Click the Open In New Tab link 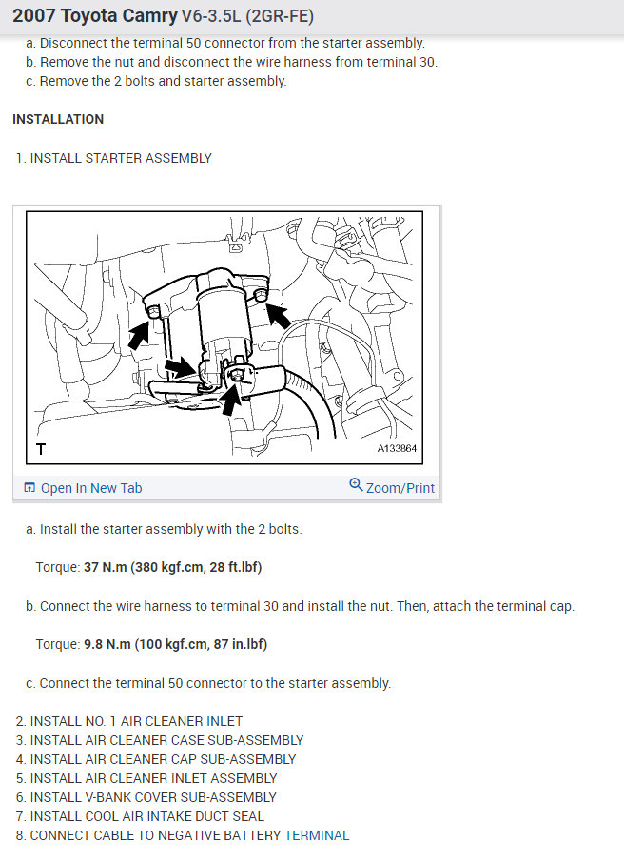tap(91, 488)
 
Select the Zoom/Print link tap(400, 488)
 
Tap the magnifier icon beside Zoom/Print tap(356, 485)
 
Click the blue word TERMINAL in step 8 tap(317, 835)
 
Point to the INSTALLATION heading tap(58, 119)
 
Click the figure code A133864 tap(397, 448)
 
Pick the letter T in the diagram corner tap(41, 449)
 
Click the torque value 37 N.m tap(106, 567)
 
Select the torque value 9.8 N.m tap(107, 644)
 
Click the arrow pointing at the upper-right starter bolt tap(279, 317)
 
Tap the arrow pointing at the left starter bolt tap(138, 336)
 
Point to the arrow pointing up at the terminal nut tap(231, 401)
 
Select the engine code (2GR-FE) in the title tap(280, 15)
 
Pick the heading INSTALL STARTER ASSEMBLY tap(121, 158)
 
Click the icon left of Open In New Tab tap(29, 488)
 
